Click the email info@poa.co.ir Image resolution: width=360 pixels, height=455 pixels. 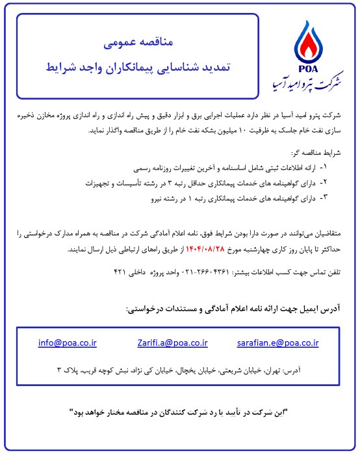coord(68,343)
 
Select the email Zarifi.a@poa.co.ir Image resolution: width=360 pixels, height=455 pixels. coord(172,343)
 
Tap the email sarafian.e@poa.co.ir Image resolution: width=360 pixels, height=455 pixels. coord(283,343)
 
